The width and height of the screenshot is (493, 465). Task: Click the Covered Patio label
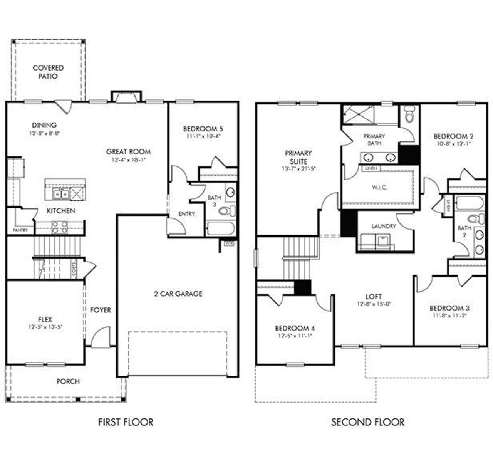click(x=48, y=72)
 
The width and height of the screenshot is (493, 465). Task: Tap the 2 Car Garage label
click(x=178, y=294)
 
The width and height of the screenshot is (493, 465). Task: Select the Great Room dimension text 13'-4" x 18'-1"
click(x=129, y=159)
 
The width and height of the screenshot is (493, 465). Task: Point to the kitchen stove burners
click(x=60, y=227)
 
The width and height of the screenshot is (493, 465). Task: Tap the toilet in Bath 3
click(x=227, y=210)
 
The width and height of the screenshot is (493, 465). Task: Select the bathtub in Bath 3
click(x=220, y=228)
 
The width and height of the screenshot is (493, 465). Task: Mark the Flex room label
click(x=45, y=319)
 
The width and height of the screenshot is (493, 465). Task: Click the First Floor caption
click(x=126, y=422)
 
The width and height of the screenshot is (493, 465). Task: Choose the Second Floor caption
click(x=368, y=422)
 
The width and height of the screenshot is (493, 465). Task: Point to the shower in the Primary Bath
click(x=356, y=114)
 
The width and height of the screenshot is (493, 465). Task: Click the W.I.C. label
click(x=379, y=187)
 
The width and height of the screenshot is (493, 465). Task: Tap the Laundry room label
click(x=384, y=226)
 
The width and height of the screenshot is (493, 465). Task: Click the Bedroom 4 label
click(x=295, y=328)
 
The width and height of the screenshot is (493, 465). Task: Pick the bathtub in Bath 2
click(x=469, y=203)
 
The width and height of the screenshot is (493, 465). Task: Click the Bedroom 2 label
click(x=453, y=136)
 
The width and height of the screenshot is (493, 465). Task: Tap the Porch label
click(x=68, y=381)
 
